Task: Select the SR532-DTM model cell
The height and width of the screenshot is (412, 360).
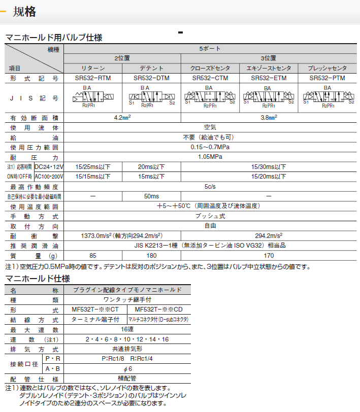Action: [x=151, y=78]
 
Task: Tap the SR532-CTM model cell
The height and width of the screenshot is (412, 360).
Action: [x=210, y=78]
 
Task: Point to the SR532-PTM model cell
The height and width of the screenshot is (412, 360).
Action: [x=327, y=78]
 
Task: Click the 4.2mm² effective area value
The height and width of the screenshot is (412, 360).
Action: [x=122, y=118]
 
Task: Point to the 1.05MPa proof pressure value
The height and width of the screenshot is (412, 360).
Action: [x=210, y=157]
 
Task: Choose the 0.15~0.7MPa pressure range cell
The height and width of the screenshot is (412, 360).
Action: [x=210, y=147]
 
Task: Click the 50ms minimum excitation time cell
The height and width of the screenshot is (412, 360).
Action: [x=151, y=196]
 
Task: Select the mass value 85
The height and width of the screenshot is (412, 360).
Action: [x=92, y=255]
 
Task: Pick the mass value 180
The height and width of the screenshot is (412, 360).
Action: [x=151, y=255]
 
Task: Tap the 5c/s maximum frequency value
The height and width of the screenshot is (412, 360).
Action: [x=210, y=186]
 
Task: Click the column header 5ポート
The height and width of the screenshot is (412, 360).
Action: [x=210, y=49]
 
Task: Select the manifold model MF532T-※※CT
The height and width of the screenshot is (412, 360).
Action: [x=96, y=310]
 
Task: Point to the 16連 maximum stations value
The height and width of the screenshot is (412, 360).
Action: [x=126, y=329]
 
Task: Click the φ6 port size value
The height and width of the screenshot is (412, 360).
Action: [x=126, y=368]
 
